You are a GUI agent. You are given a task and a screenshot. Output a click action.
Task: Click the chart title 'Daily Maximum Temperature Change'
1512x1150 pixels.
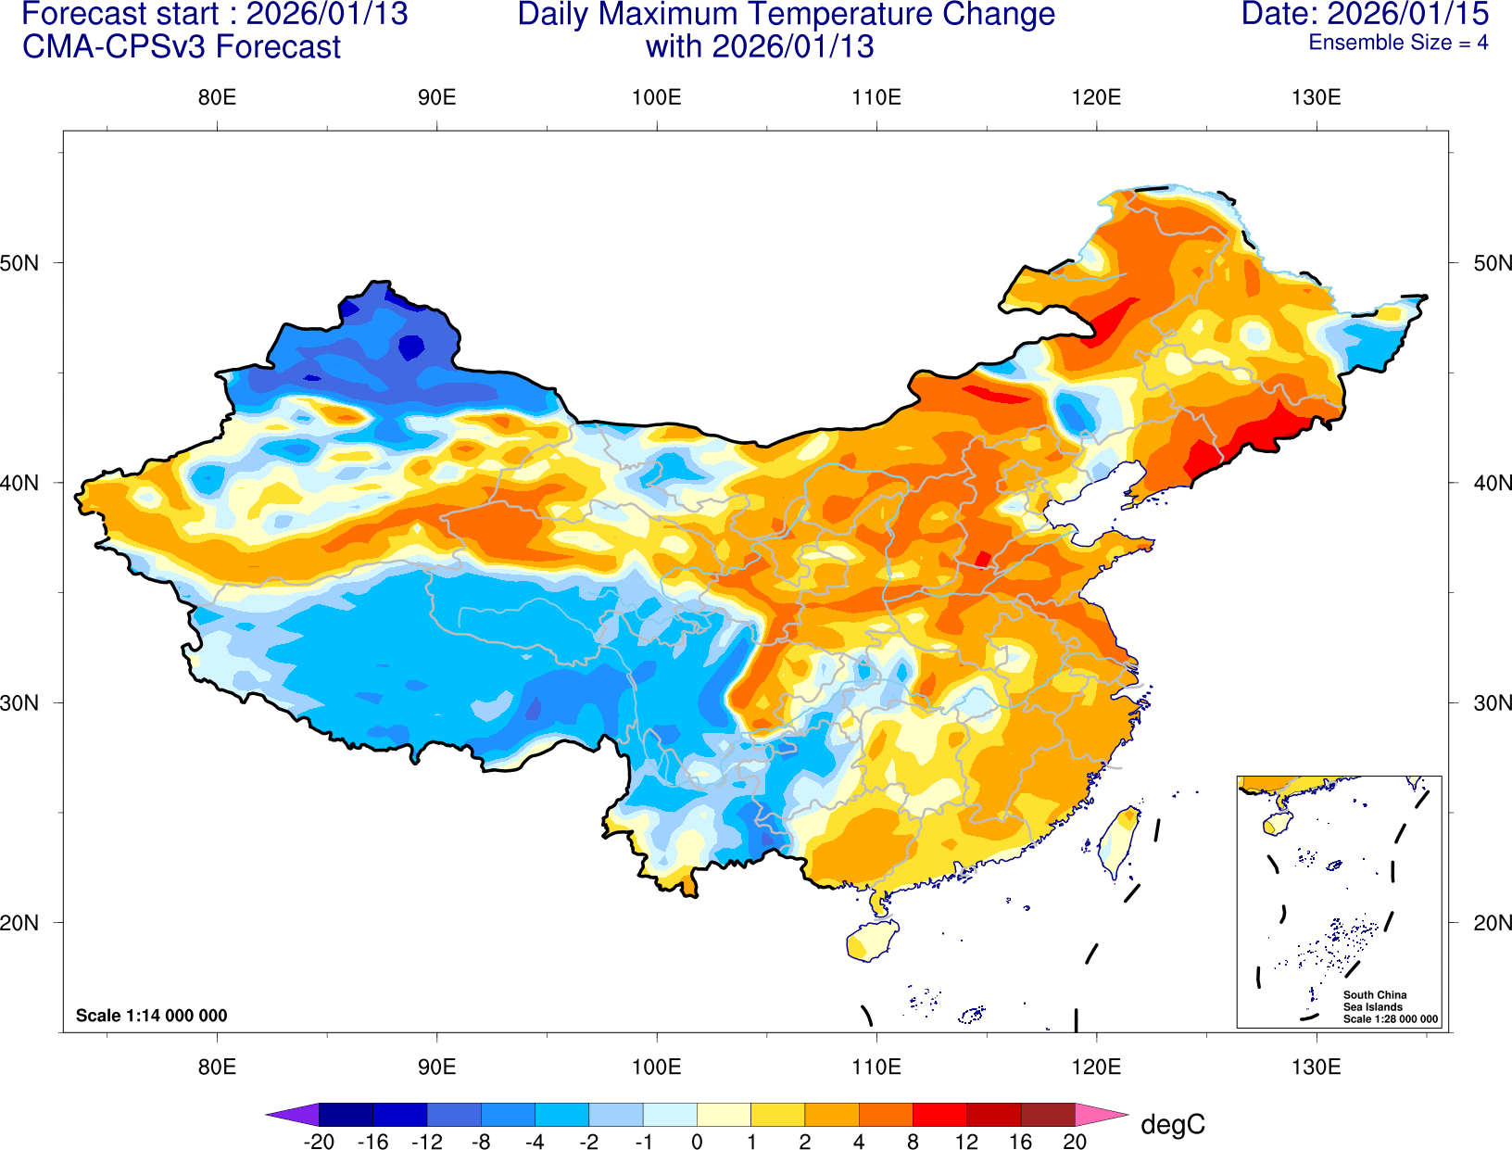pos(786,15)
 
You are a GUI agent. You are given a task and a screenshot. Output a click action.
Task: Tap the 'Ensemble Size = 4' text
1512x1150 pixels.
pos(1397,43)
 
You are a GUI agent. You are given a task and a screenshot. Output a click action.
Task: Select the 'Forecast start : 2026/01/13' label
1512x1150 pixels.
pos(214,15)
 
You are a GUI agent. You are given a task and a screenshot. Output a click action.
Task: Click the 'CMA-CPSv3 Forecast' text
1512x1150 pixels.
pos(182,47)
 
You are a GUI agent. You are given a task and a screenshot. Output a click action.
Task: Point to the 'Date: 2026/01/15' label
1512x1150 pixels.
pos(1365,15)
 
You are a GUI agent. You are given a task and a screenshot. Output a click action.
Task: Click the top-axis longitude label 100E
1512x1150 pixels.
pos(656,98)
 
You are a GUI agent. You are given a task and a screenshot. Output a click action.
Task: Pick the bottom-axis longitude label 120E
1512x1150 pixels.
pos(1096,1067)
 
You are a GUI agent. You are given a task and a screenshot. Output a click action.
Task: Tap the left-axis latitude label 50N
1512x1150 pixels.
pos(20,263)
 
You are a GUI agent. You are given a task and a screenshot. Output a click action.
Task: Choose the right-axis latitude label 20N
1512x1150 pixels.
pos(1492,923)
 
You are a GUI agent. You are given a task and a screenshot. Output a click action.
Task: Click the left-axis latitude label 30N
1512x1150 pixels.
pos(20,703)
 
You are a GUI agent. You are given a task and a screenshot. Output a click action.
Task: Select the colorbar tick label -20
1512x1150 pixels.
pos(319,1142)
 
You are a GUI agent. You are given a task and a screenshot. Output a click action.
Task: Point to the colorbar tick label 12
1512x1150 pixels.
pos(966,1142)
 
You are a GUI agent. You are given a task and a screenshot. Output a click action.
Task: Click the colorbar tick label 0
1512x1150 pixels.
pos(697,1142)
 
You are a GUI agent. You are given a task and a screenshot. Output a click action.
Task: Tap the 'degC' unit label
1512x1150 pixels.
pos(1172,1125)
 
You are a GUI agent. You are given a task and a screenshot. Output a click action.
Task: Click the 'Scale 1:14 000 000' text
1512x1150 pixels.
pos(151,1016)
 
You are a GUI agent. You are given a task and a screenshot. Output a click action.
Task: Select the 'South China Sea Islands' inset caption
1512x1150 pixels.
pos(1375,1001)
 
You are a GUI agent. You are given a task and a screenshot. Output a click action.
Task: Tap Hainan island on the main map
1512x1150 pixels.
pos(872,941)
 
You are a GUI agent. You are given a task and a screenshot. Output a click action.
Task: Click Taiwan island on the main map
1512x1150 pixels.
pos(1118,841)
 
